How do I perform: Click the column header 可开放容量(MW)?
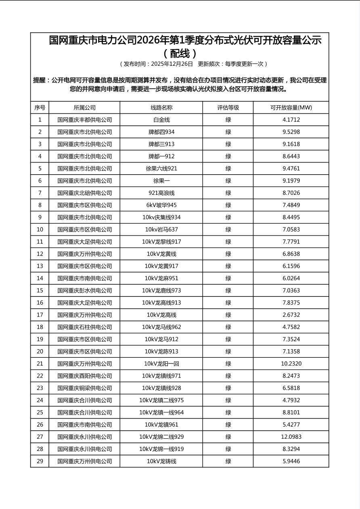[291, 108]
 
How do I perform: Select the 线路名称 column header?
[161, 108]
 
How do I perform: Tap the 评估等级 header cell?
[228, 108]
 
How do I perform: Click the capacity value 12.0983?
[291, 437]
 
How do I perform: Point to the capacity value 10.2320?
[291, 364]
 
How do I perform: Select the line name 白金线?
[161, 120]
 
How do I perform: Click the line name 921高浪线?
[161, 193]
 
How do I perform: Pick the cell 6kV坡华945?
[161, 205]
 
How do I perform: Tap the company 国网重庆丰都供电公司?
[84, 120]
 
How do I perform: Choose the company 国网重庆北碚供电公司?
[84, 193]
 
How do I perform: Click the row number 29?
[40, 461]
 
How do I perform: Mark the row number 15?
[40, 290]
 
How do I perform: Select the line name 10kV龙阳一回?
[161, 364]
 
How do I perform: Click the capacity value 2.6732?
[291, 315]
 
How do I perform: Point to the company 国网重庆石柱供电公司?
[84, 327]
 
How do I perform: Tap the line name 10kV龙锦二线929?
[161, 437]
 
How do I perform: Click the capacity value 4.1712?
[291, 120]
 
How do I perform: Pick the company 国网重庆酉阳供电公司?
[84, 376]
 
